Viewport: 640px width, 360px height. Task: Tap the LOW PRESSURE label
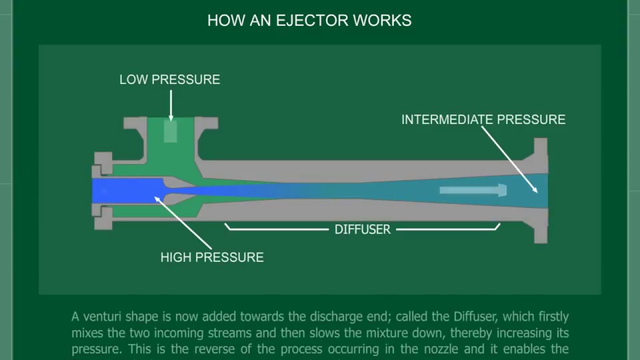[169, 79]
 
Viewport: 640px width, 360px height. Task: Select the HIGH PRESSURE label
[212, 257]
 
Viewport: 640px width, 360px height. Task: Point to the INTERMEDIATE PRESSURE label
[483, 119]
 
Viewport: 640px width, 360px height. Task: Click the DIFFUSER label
[362, 229]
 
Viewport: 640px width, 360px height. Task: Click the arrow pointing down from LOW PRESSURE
[170, 105]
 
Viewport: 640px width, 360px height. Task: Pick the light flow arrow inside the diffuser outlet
[473, 190]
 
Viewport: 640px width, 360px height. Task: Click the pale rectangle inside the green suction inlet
[170, 132]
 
